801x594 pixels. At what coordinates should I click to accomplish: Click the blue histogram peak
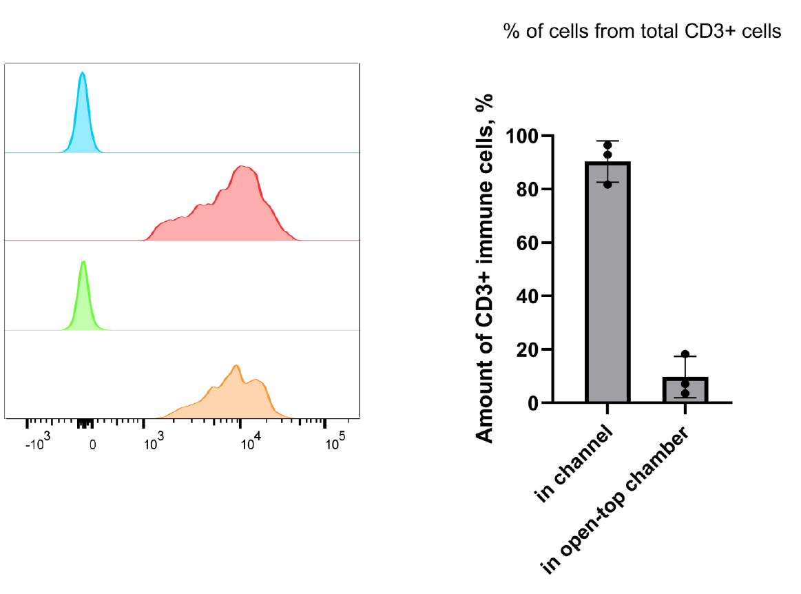click(83, 117)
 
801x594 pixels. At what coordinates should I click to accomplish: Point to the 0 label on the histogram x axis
click(93, 444)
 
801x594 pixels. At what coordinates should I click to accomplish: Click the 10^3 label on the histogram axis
click(152, 443)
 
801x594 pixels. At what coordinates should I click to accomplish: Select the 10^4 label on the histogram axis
click(247, 443)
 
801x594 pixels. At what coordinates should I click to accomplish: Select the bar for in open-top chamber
click(685, 390)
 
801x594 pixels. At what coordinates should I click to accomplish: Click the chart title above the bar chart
click(643, 32)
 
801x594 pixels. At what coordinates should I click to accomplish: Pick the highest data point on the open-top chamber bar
click(685, 354)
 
